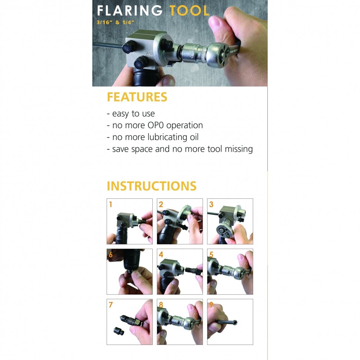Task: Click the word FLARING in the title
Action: (x=130, y=11)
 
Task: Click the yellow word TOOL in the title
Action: (x=189, y=11)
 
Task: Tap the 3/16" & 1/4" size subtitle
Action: (x=115, y=22)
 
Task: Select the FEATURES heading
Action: (x=137, y=97)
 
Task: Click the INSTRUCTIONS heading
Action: (x=152, y=186)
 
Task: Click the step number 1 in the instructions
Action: (x=111, y=204)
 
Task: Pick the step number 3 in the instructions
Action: (x=211, y=204)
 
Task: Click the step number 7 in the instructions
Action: (x=111, y=305)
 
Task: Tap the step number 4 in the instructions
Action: (x=161, y=254)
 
